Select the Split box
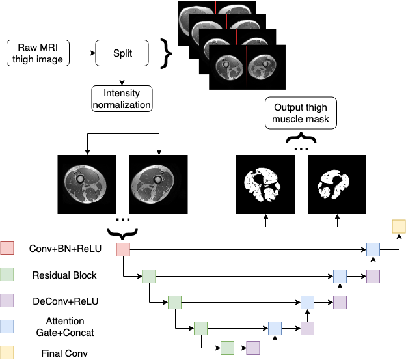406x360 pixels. pyautogui.click(x=122, y=52)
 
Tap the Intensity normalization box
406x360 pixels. pyautogui.click(x=122, y=99)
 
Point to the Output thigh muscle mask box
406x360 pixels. pyautogui.click(x=301, y=113)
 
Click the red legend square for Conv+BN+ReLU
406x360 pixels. pyautogui.click(x=8, y=248)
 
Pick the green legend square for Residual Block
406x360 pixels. pyautogui.click(x=8, y=275)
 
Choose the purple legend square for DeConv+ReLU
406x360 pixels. pyautogui.click(x=8, y=301)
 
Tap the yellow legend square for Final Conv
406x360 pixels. pyautogui.click(x=8, y=353)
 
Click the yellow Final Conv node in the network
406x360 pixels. pyautogui.click(x=398, y=227)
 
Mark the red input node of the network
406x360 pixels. pyautogui.click(x=123, y=249)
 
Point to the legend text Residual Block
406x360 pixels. pyautogui.click(x=64, y=275)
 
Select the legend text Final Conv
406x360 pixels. pyautogui.click(x=64, y=354)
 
